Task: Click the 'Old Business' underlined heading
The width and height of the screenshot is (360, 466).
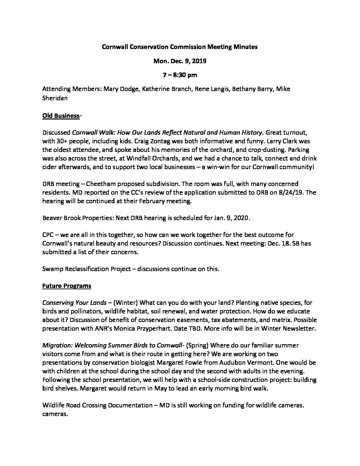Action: [61, 116]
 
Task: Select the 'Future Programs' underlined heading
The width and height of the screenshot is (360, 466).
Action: [67, 286]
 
